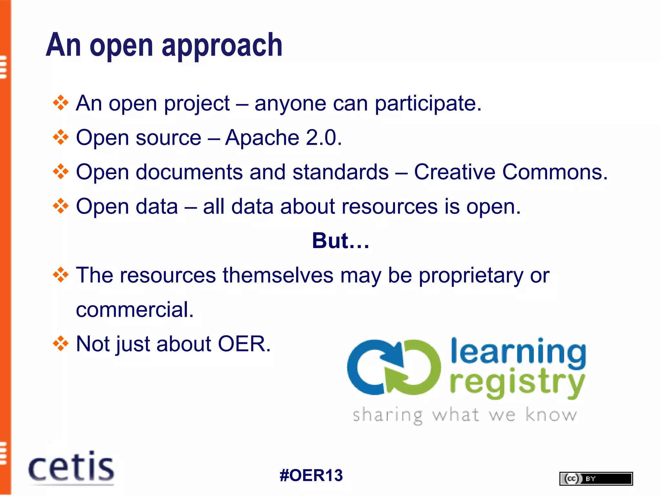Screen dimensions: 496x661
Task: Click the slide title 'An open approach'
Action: coord(164,45)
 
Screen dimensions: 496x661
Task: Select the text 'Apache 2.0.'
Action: coord(283,138)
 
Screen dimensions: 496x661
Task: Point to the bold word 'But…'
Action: coord(341,241)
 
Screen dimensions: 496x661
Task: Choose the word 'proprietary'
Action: coord(471,276)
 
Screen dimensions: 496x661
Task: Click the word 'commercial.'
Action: coord(135,310)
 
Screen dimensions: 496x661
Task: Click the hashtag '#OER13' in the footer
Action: coord(311,475)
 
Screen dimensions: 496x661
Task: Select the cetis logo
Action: coord(71,468)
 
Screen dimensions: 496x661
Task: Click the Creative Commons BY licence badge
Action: coord(596,479)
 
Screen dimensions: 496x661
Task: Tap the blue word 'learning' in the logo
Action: coord(518,353)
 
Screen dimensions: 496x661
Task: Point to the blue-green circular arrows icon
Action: coord(394,367)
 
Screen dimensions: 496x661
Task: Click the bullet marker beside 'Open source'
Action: coord(61,137)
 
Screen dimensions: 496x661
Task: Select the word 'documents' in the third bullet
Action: coord(189,172)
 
